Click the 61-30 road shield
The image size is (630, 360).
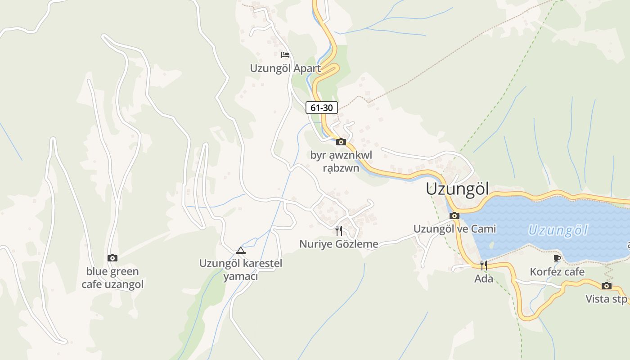pos(321,108)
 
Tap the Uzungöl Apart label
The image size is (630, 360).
pos(285,68)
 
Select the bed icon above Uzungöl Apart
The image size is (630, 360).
pos(285,55)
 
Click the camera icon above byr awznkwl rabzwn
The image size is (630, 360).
pos(341,142)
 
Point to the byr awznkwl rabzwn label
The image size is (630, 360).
pos(341,162)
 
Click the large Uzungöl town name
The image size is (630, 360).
pos(457,189)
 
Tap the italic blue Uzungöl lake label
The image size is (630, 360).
pos(558,230)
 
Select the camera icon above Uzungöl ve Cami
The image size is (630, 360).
pos(454,216)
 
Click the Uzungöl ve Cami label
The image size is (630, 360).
pos(454,229)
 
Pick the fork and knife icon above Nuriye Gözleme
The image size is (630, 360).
pos(339,231)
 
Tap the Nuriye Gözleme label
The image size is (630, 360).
pos(339,244)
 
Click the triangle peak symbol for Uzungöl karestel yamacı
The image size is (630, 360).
pos(241,250)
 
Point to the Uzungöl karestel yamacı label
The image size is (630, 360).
pos(241,269)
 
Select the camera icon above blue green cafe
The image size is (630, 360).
pos(112,258)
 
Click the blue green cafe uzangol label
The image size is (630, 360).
pos(112,278)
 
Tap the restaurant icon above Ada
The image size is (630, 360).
pos(484,265)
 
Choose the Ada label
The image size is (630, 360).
pos(484,279)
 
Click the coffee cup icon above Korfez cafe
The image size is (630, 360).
pos(557,258)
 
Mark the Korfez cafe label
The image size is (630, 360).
pos(557,272)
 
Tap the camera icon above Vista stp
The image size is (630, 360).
pos(607,286)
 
